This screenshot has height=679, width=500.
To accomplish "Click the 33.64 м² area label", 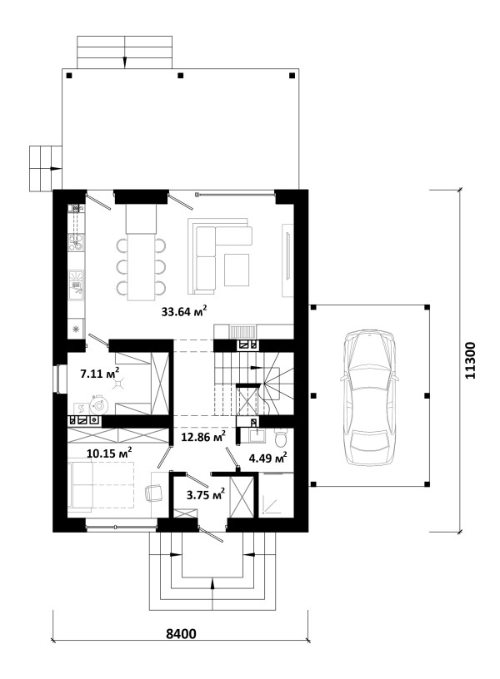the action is [183, 310].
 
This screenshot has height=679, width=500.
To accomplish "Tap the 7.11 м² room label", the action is [100, 373].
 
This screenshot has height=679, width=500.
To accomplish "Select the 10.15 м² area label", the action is [109, 453].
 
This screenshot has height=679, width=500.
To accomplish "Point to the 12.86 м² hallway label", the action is [203, 436].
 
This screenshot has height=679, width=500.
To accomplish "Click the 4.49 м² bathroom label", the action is [267, 457].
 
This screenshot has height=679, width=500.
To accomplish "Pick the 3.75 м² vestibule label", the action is [206, 493].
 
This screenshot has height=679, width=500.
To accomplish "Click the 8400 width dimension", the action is [181, 633].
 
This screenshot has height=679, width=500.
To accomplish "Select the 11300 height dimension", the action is [470, 361].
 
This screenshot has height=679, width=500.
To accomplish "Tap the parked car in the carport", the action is [369, 398].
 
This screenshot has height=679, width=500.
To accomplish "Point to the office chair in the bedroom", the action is [153, 493].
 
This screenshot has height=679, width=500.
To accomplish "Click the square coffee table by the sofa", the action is [237, 270].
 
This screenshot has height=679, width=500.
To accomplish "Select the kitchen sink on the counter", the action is [77, 285].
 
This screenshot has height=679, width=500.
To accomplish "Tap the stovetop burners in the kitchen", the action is [77, 243].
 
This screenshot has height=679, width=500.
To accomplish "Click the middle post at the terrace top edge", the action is [181, 76].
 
